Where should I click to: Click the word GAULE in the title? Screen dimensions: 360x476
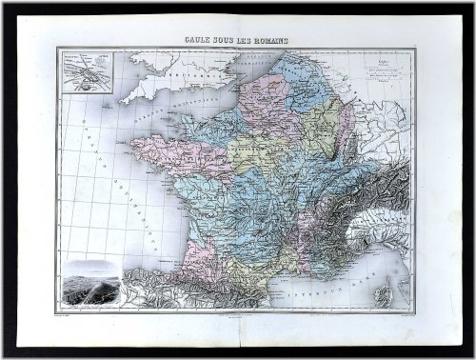[196, 41]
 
